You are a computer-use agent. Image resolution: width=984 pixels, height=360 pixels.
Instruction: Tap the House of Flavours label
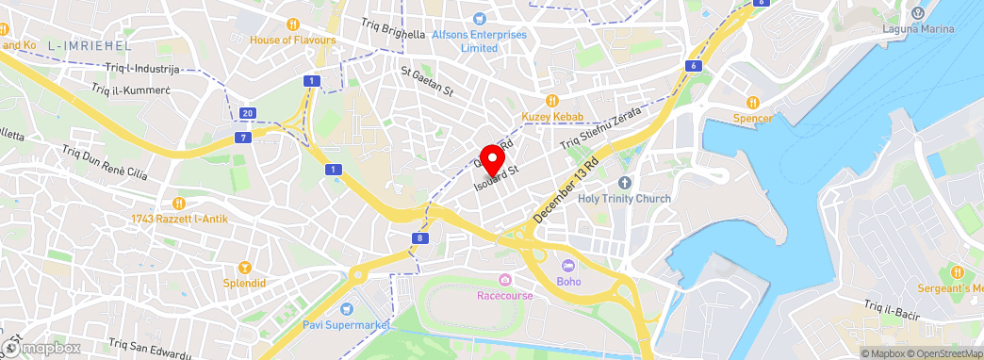click(x=292, y=41)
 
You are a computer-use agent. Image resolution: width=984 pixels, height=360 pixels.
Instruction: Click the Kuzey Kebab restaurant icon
click(x=553, y=100)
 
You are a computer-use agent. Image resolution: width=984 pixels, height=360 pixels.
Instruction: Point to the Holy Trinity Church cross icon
click(x=624, y=182)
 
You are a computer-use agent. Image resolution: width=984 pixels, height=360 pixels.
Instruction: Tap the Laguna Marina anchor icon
click(x=919, y=13)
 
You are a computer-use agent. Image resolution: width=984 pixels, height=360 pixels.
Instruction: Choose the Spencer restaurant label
click(x=753, y=119)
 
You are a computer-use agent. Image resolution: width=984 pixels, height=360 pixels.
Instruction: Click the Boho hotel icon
click(x=568, y=266)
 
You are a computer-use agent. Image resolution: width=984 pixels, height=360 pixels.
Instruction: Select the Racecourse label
click(x=505, y=295)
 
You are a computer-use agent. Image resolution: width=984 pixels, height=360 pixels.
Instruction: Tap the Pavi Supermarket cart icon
click(x=347, y=308)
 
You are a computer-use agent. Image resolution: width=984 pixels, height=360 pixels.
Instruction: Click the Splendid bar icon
click(x=246, y=267)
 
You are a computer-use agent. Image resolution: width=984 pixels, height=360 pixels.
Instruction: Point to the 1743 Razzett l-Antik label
click(x=180, y=219)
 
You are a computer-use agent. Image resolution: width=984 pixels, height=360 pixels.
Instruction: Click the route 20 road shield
click(x=247, y=113)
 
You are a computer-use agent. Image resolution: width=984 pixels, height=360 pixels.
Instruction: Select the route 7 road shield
click(x=243, y=138)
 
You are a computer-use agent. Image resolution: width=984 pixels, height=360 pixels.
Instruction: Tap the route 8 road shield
click(x=419, y=238)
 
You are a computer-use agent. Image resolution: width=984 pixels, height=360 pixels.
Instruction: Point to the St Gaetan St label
click(x=427, y=80)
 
